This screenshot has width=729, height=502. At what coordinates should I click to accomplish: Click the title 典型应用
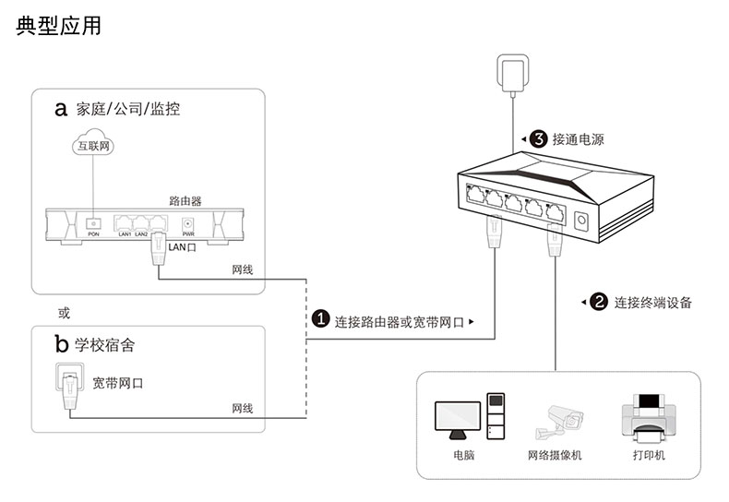click(58, 26)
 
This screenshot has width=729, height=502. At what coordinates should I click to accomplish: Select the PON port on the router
click(93, 223)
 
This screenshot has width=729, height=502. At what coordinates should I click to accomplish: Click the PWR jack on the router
click(189, 223)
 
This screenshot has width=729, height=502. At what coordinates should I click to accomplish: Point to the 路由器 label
click(185, 199)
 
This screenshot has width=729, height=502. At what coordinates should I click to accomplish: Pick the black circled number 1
click(320, 320)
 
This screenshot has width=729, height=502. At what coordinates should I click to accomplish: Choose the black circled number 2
click(599, 302)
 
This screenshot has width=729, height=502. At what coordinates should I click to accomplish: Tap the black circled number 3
click(538, 139)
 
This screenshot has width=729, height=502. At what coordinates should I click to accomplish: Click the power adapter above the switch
click(510, 73)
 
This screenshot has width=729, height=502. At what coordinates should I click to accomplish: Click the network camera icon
click(558, 422)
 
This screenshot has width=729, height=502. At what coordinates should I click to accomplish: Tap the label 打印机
click(649, 456)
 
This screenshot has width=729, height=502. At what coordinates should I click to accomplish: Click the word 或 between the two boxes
click(64, 313)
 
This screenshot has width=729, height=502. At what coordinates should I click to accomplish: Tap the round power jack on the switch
click(583, 221)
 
